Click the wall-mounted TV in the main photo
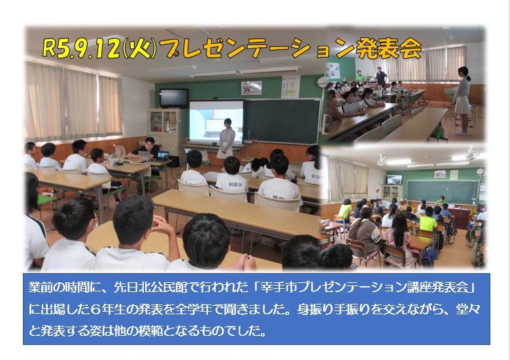pos(174,98)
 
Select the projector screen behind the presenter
pos(216,122)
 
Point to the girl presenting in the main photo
pos(226,139)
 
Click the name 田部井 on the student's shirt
pos(235,184)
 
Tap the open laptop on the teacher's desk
pos(162,156)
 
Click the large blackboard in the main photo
pos(282,121)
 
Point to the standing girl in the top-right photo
pos(462,101)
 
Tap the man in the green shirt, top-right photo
pos(360,76)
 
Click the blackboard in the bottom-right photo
pos(442,192)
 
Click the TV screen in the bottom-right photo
pos(394,180)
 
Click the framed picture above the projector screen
pos(252,88)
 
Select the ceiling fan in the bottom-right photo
pos(470,154)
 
